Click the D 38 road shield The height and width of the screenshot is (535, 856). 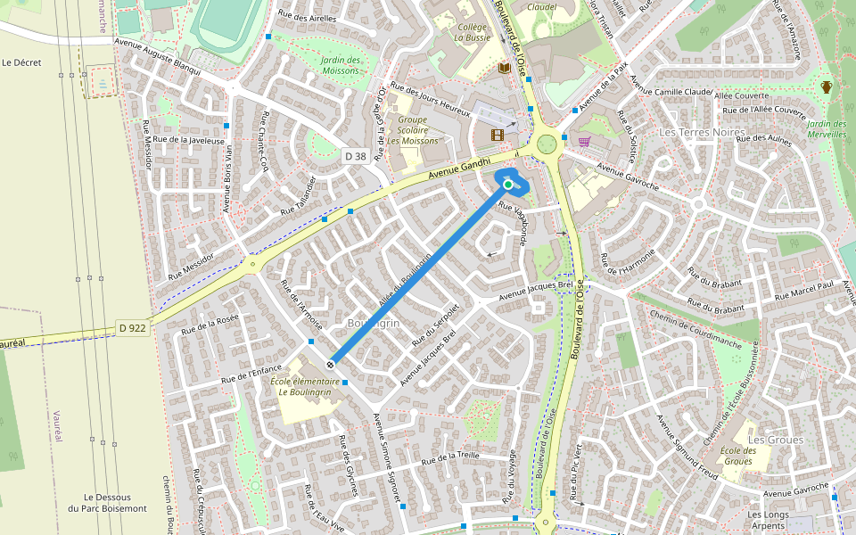tap(355, 156)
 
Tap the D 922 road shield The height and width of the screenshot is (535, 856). tap(132, 328)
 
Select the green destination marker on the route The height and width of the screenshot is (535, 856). tap(508, 185)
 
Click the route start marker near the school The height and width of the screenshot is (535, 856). tap(331, 364)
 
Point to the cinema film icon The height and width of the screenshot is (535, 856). tap(497, 135)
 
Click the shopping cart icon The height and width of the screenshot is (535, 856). tap(584, 141)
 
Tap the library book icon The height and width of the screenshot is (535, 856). tap(504, 68)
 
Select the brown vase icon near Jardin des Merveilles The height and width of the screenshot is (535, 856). tap(827, 86)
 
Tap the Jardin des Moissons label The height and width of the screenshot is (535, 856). tap(340, 65)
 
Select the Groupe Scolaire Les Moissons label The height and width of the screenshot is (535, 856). tap(412, 130)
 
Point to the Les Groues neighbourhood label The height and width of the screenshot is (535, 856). tap(775, 440)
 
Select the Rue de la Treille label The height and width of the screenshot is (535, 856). tap(450, 457)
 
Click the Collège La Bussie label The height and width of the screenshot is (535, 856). tap(472, 33)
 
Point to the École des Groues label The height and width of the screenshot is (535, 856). tap(738, 456)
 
